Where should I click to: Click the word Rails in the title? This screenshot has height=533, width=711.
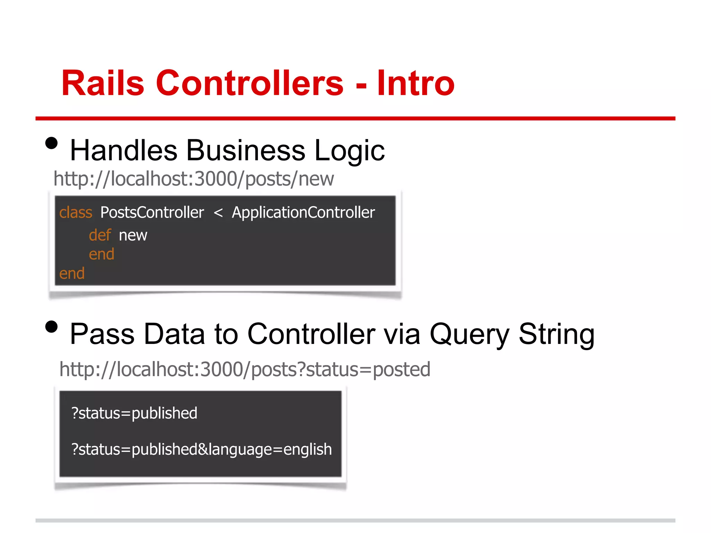click(x=103, y=83)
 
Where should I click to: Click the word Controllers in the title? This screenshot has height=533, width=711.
click(x=250, y=83)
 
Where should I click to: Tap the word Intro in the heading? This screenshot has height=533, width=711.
click(x=416, y=83)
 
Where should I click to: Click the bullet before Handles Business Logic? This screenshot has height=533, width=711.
click(x=51, y=143)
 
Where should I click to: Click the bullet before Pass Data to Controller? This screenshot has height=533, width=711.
click(x=51, y=327)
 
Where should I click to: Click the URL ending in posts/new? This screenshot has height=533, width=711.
click(x=193, y=179)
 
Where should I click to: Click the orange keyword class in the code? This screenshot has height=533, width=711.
click(x=76, y=212)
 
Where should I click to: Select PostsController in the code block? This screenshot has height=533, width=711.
click(x=152, y=212)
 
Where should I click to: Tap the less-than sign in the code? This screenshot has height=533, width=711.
click(x=218, y=212)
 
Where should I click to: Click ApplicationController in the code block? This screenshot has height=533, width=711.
click(x=303, y=212)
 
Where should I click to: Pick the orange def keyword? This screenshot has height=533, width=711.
click(x=100, y=235)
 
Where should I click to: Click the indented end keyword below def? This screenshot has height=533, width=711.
click(x=101, y=254)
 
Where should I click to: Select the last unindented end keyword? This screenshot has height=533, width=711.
click(x=72, y=273)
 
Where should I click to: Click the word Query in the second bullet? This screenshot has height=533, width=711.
click(x=469, y=335)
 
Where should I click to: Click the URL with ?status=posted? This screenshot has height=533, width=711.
click(x=245, y=369)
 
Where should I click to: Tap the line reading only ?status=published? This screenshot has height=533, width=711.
click(x=134, y=413)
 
